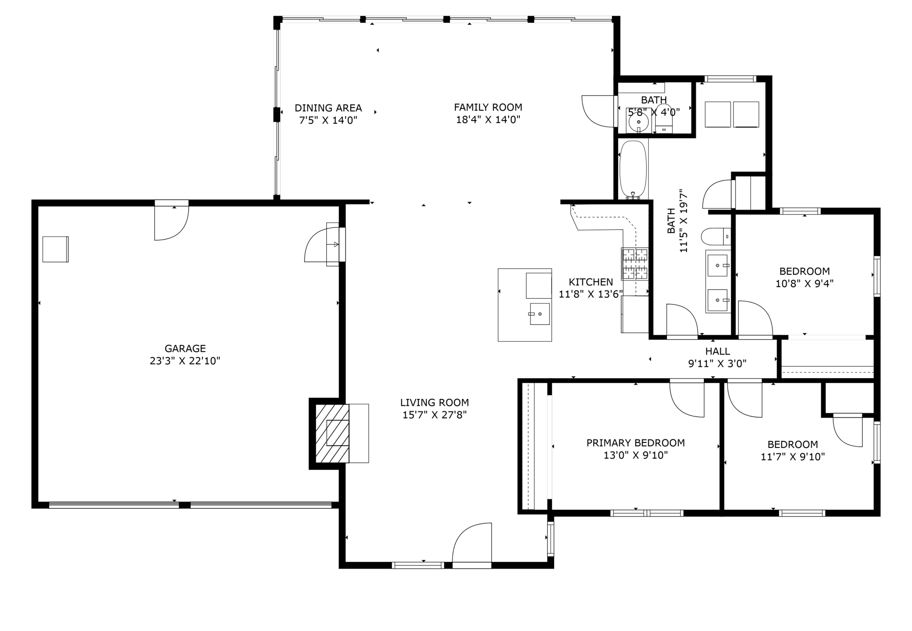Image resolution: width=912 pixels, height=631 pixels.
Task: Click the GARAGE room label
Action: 185,348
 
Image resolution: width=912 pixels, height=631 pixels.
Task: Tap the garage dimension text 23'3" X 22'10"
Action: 185,361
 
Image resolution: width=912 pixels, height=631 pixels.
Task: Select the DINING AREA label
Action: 328,108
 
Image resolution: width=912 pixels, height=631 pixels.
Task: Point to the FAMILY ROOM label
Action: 488,107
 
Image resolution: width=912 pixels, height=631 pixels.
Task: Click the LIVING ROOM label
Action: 434,402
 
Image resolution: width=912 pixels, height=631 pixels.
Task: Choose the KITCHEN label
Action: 591,282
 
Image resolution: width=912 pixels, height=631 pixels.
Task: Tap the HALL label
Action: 718,351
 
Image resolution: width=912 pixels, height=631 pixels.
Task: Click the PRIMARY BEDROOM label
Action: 635,443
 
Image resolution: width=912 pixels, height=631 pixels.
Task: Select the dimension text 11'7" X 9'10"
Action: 793,457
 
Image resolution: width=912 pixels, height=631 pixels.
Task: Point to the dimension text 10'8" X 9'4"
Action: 804,284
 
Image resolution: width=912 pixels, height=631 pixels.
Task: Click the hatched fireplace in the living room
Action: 332,433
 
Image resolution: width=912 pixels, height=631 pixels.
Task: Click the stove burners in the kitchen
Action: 635,264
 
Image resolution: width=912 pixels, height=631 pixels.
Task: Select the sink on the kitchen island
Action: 540,314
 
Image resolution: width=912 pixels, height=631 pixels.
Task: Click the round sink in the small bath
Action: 638,122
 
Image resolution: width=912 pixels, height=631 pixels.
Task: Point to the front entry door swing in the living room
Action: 472,542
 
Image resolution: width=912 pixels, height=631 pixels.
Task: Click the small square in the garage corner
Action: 56,249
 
